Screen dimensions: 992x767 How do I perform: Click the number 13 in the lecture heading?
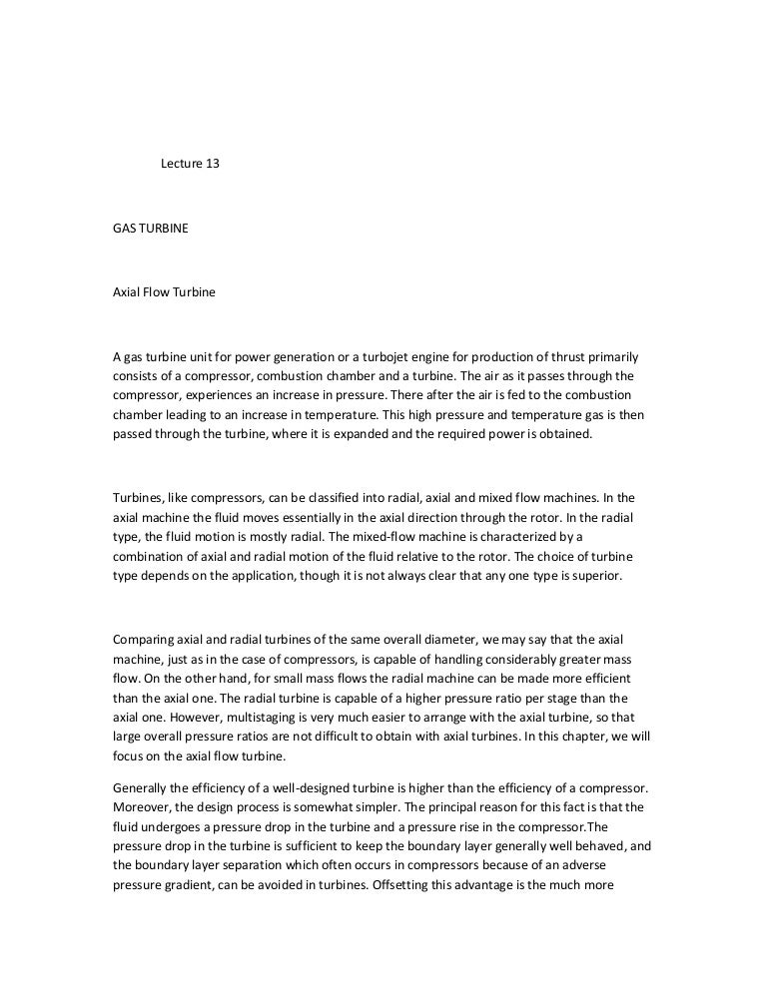[211, 164]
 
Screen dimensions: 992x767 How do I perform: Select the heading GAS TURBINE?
[150, 229]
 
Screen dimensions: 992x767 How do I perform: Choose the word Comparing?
[146, 638]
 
